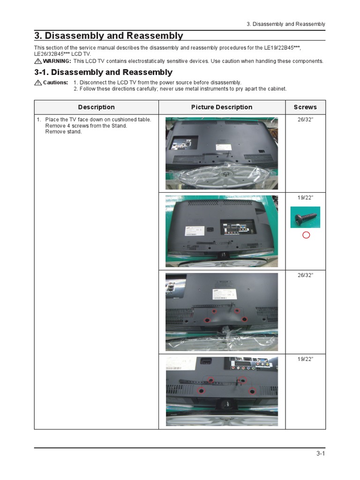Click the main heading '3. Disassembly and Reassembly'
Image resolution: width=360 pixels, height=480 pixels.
(108, 36)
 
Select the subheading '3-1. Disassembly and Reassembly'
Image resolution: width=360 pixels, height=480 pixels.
(103, 72)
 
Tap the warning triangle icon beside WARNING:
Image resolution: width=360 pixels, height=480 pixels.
(38, 61)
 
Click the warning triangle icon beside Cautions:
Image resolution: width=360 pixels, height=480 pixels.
(38, 82)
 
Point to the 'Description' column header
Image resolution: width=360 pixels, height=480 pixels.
(96, 107)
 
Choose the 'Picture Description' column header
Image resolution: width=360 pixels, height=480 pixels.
(222, 107)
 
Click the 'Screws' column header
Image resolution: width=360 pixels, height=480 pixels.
(305, 107)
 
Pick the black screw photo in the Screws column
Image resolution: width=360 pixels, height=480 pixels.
(305, 217)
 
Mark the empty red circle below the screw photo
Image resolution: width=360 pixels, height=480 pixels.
(306, 235)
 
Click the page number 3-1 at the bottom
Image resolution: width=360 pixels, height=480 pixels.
(321, 453)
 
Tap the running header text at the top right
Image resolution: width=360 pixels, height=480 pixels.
(286, 24)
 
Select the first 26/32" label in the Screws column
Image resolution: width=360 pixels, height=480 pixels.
(305, 120)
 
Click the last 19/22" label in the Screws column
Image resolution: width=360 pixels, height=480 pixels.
(305, 359)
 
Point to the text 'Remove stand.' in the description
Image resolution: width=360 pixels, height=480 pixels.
(63, 132)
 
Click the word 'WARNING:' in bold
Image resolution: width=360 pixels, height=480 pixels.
(57, 61)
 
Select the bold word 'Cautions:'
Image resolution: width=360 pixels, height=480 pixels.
(56, 82)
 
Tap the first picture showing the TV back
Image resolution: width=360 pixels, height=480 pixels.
(222, 153)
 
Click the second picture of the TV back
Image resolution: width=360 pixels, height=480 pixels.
(222, 231)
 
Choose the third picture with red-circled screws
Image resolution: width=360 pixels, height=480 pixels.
(222, 312)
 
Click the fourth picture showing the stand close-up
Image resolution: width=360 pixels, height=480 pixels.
(222, 391)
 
